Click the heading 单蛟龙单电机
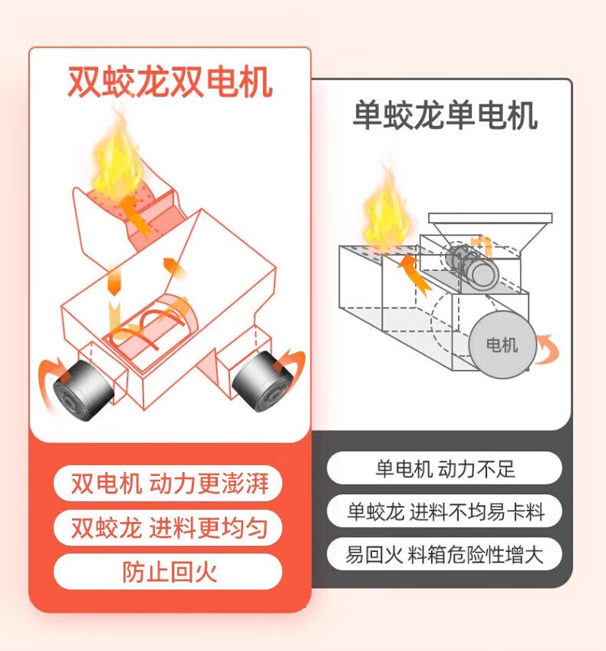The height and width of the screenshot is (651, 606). point(444,116)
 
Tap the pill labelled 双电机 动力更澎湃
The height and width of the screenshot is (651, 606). point(168,484)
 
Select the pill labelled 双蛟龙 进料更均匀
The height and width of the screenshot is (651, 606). point(168,528)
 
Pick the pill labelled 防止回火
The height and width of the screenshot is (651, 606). point(168,572)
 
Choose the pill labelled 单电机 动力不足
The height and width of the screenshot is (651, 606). point(444,468)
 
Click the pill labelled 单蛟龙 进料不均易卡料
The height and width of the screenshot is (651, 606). point(444,511)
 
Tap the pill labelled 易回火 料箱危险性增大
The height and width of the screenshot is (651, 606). point(444,554)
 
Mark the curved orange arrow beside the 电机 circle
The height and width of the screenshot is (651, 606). point(546,350)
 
